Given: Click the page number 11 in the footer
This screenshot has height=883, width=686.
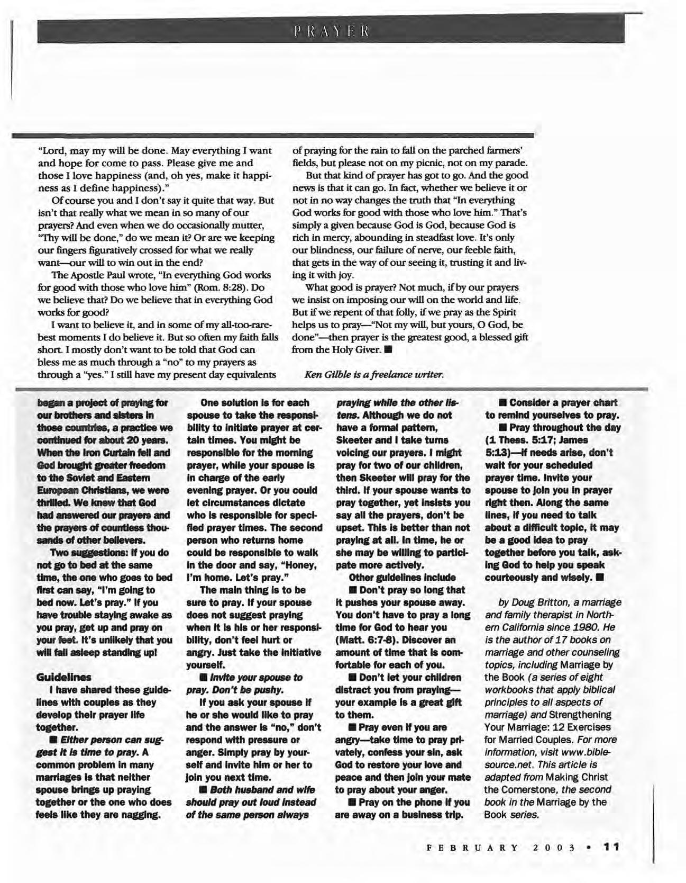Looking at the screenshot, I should point(611,846).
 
